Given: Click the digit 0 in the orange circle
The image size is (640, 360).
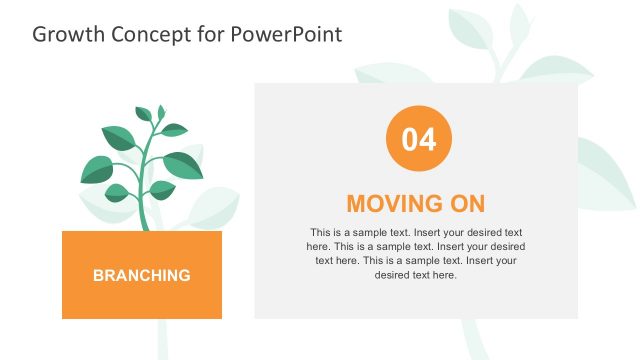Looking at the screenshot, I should click(x=410, y=140).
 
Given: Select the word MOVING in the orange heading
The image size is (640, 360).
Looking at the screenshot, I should click(x=390, y=204).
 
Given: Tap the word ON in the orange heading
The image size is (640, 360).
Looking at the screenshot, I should click(x=465, y=204).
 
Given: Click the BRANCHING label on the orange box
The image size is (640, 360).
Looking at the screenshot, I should click(x=141, y=275).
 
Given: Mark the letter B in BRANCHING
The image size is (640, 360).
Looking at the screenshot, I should click(x=98, y=275).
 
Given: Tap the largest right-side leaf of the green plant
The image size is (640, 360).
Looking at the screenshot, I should click(x=182, y=163).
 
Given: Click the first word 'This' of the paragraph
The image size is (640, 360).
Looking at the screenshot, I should click(x=321, y=231).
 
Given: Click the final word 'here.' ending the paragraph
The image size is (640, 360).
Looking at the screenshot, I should click(x=443, y=275).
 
